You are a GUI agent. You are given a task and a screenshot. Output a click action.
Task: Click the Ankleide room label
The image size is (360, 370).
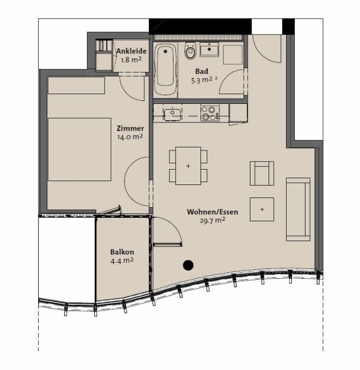pos(132,51)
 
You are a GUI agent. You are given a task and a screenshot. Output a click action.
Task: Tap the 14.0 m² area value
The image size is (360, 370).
pos(130,137)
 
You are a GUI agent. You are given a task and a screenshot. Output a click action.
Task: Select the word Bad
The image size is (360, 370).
pos(202,72)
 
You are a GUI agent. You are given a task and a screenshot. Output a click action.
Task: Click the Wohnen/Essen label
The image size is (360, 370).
pos(212,212)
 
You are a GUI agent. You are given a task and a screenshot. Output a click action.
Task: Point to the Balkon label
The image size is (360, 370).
pos(122,252)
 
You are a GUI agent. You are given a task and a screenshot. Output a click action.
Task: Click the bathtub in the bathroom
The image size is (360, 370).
pos(165,70)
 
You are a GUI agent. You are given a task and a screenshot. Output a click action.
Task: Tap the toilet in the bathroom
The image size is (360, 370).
pos(190,51)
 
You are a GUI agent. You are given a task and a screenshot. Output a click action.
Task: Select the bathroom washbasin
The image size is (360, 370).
pos(210,49)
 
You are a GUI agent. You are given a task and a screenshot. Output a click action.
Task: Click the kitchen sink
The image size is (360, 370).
pos(173,114)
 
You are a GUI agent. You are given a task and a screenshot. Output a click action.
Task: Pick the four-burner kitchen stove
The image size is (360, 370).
pos(210,113)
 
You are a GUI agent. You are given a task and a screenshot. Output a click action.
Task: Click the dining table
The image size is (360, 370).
pos(188,166)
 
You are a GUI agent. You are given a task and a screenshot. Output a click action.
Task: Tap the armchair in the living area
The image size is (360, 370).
pos(262,173)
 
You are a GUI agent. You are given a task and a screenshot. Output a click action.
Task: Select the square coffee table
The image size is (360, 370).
pos(262,209)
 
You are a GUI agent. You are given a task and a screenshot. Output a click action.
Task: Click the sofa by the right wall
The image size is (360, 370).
pos(298,209)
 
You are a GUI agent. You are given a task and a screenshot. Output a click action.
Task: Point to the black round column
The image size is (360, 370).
pos(188,265)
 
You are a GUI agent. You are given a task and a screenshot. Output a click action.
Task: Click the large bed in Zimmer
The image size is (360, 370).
pos(79,149)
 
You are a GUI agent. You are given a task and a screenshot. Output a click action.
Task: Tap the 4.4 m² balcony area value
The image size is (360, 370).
pos(122,260)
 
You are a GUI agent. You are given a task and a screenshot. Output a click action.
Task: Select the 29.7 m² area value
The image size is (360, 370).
pos(212,221)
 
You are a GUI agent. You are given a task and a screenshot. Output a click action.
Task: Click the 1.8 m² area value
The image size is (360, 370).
pos(131,60)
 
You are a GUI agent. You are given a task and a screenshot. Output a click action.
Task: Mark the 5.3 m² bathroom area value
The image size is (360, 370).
pos(202,80)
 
